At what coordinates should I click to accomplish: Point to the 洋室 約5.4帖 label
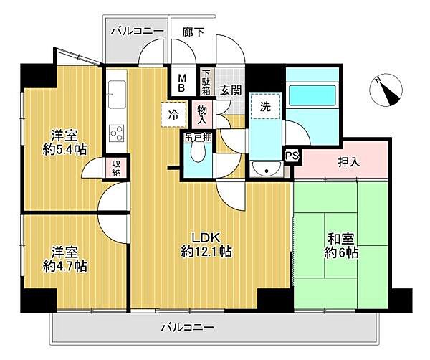tap(66, 143)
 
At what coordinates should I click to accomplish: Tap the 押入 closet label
tap(349, 163)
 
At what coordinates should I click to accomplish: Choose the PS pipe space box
tap(292, 155)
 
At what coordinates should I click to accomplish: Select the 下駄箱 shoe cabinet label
tap(206, 82)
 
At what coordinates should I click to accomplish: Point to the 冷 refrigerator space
tap(174, 113)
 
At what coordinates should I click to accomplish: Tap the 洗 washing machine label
tap(265, 106)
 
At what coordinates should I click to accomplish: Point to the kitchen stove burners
tap(116, 133)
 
